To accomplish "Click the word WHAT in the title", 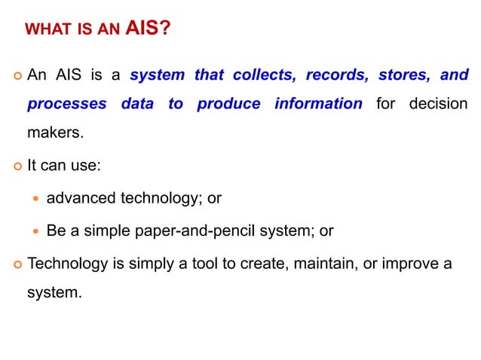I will pyautogui.click(x=43, y=30).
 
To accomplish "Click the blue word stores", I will pyautogui.click(x=405, y=75).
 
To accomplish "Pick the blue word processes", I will pyautogui.click(x=66, y=104).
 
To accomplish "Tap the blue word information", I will pyautogui.click(x=318, y=104).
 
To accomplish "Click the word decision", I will pyautogui.click(x=438, y=104).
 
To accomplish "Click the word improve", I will pyautogui.click(x=403, y=264).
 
